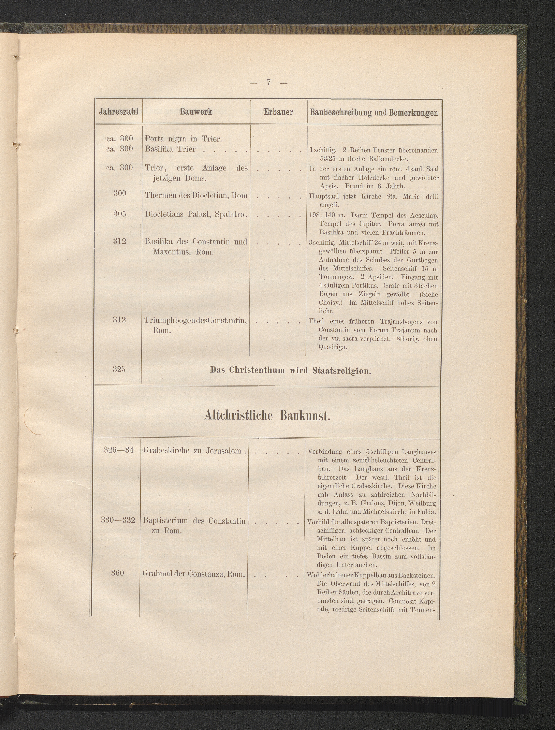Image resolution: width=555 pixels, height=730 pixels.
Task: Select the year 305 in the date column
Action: click(x=120, y=214)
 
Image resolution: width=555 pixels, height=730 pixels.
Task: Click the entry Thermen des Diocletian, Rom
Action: click(x=196, y=195)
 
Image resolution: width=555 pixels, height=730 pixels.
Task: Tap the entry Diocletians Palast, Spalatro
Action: click(x=196, y=214)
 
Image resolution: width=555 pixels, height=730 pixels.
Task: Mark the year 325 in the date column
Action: click(x=119, y=369)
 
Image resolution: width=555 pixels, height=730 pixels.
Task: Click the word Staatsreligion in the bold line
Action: click(x=342, y=371)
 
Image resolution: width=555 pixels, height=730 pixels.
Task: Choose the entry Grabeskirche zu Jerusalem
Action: click(x=195, y=451)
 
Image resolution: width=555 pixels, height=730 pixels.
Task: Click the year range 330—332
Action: click(x=118, y=520)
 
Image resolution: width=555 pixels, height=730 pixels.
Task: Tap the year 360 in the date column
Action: click(x=118, y=573)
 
